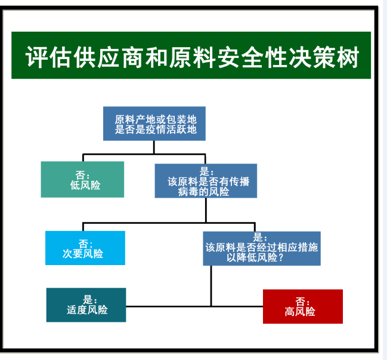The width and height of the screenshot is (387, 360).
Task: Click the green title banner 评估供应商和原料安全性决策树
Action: point(191,55)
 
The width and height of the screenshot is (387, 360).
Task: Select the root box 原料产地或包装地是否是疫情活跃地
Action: point(154,124)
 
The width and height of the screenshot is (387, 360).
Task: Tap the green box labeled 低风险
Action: point(82,179)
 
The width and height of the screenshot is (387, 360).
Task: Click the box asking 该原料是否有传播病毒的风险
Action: point(206,181)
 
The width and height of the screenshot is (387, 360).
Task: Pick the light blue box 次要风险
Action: point(85,248)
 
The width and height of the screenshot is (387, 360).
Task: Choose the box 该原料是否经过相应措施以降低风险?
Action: point(262,248)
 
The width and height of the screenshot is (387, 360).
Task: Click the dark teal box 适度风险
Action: point(86,305)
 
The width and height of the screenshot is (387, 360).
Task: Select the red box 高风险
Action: point(303,306)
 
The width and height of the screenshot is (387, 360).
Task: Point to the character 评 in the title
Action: point(36,57)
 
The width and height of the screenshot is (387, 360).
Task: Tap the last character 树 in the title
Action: point(348,57)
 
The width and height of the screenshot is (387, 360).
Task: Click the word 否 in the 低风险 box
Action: point(81,175)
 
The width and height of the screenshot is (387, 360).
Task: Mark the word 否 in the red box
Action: point(301,301)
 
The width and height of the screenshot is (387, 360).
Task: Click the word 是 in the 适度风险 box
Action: point(88,300)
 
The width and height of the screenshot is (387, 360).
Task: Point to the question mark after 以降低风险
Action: point(280,257)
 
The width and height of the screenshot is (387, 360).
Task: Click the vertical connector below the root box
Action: point(154,147)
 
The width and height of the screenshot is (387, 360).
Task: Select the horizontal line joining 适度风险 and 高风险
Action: point(194,306)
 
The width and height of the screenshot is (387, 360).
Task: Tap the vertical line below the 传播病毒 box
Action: point(206,210)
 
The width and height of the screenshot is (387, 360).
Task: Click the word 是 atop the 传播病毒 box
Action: point(205,171)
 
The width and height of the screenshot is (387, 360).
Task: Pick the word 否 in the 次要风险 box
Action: point(83,244)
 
